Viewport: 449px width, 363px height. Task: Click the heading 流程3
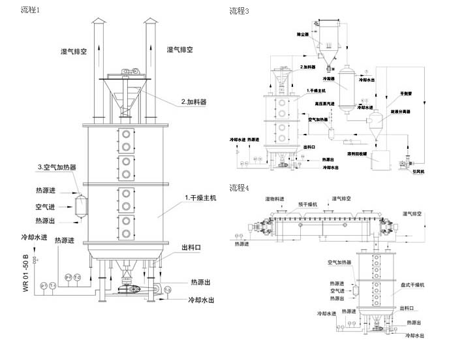click(240, 11)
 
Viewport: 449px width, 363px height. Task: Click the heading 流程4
click(240, 189)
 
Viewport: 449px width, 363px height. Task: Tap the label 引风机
click(419, 171)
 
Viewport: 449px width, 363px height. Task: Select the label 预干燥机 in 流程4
click(308, 204)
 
